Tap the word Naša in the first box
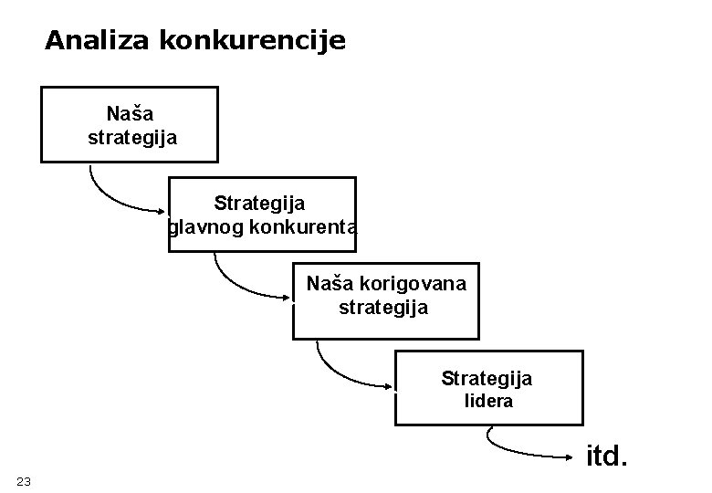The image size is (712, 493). coord(131,114)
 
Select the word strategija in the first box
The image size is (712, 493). coord(132,138)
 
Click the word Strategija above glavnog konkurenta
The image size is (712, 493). coord(260,203)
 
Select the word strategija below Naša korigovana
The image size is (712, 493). coord(383,307)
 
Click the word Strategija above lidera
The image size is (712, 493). coord(487,378)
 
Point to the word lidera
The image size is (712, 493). coord(488,401)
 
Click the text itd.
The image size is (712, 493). coord(606,455)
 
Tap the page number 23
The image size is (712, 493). coord(24,481)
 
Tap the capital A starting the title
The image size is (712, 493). coord(54,41)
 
